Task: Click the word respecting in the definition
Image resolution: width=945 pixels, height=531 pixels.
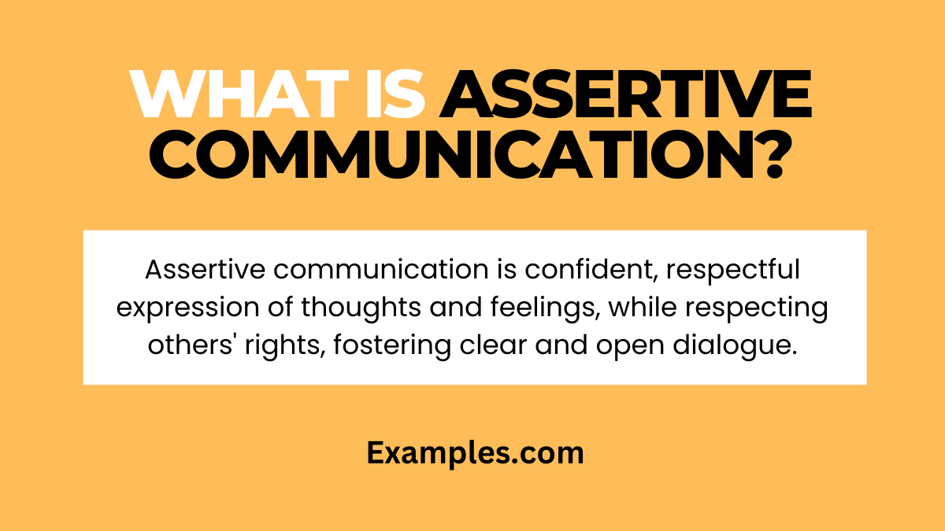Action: pyautogui.click(x=763, y=308)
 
